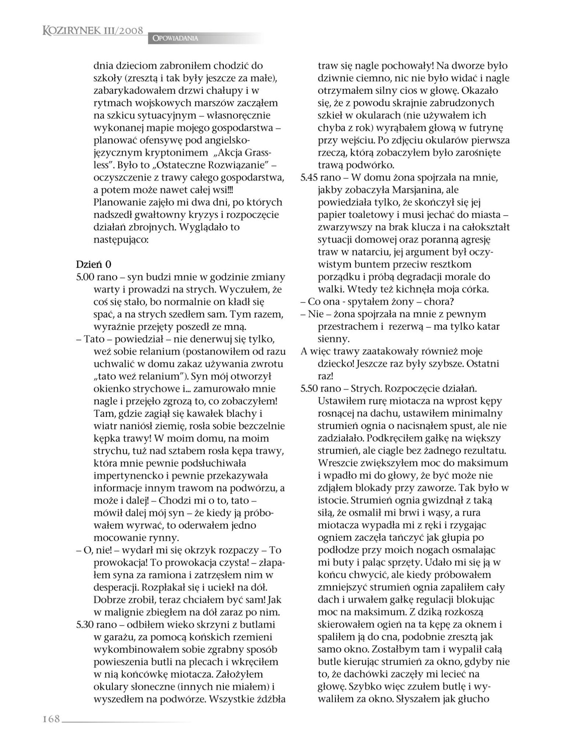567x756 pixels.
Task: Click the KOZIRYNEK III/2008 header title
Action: click(x=93, y=31)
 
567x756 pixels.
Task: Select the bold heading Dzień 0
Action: click(x=93, y=264)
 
